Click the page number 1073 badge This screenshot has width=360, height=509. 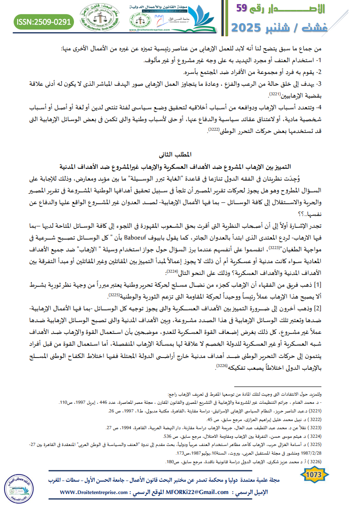[315, 474]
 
